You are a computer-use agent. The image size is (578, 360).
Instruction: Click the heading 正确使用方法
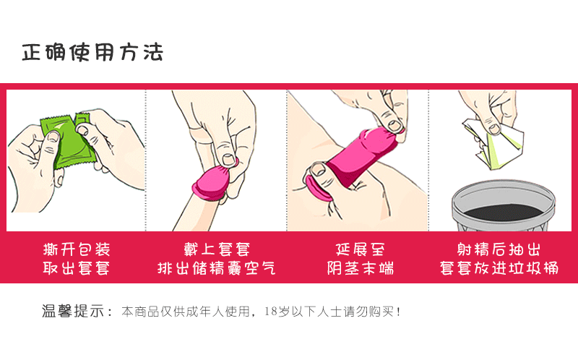coord(92,53)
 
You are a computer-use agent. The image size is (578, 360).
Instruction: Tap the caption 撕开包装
coord(76,250)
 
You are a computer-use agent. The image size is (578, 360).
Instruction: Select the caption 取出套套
coord(76,269)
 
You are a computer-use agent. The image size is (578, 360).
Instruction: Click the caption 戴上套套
coord(216,250)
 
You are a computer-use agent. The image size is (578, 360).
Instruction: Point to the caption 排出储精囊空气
coord(216,269)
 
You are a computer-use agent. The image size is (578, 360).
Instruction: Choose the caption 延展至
coord(360,250)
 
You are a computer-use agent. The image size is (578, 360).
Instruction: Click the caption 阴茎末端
coord(360,269)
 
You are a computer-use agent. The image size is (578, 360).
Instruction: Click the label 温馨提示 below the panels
coord(72,312)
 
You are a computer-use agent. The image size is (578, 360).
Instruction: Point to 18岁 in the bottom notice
coord(276,312)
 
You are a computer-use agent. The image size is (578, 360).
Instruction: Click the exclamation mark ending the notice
coord(398,312)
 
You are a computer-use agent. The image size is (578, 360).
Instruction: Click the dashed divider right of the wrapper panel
coord(146,159)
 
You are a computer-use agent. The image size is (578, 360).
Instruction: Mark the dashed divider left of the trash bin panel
coord(429,159)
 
